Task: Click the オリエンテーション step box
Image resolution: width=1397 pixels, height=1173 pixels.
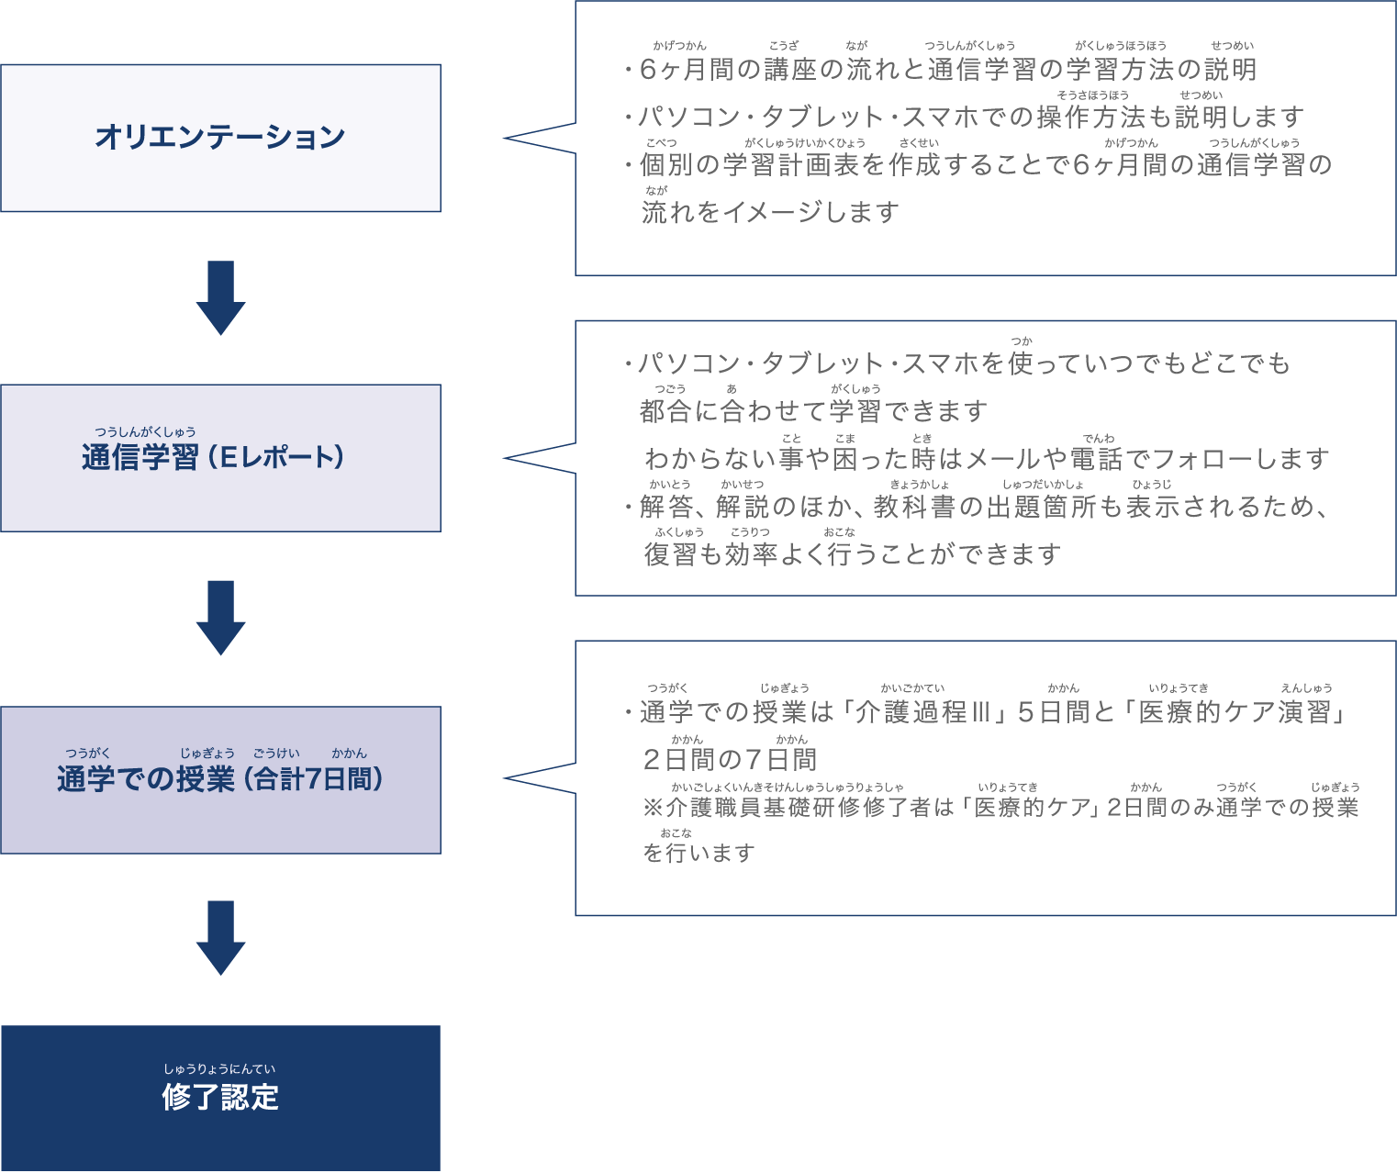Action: pyautogui.click(x=220, y=138)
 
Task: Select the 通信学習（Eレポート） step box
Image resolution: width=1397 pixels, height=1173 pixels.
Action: pyautogui.click(x=220, y=457)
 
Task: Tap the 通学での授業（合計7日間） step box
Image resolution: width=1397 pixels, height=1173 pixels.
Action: pyautogui.click(x=220, y=779)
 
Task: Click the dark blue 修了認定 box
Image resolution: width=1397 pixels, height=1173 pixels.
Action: pyautogui.click(x=220, y=1097)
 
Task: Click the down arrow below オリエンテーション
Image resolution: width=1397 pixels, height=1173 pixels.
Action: pyautogui.click(x=220, y=297)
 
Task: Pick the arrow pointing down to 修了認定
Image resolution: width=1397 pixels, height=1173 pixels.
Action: pyautogui.click(x=220, y=937)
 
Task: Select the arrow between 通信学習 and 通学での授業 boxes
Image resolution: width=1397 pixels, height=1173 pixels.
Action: pyautogui.click(x=220, y=617)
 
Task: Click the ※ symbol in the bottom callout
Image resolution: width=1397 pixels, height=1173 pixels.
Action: pyautogui.click(x=653, y=808)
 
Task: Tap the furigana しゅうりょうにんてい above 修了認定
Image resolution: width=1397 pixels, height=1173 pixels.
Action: pyautogui.click(x=219, y=1069)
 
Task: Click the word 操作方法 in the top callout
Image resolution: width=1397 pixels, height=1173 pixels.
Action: pyautogui.click(x=1090, y=117)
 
